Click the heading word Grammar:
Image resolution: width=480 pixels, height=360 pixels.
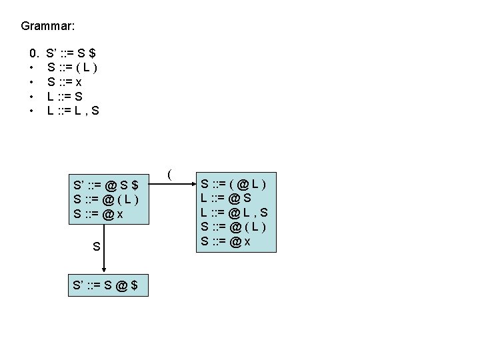pos(47,27)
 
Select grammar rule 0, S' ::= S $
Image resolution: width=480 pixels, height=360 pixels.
pos(74,52)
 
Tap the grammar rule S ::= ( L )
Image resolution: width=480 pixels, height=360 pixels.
pos(73,67)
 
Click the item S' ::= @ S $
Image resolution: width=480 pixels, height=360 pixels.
pos(107,185)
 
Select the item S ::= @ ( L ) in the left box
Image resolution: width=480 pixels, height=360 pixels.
pos(107,199)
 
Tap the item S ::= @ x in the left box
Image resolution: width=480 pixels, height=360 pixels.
pos(99,214)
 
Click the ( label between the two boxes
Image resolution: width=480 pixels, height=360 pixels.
pos(171,175)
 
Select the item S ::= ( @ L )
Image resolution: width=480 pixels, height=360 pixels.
pos(233,182)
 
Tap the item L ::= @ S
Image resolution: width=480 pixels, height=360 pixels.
pos(225,197)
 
